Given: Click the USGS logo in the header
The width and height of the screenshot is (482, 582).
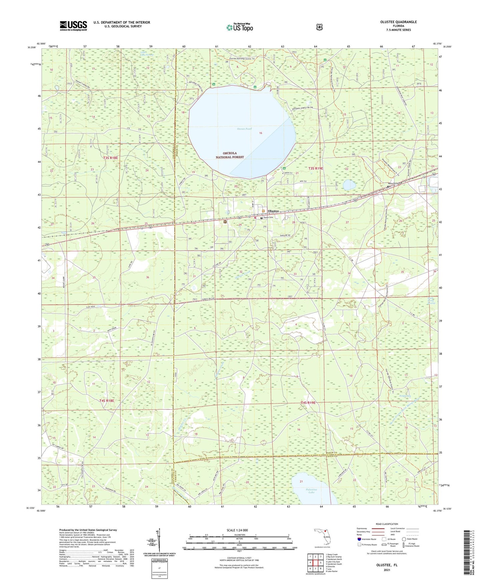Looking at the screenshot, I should [x=73, y=25].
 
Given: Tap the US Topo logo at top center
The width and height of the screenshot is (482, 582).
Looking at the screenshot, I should [x=239, y=27].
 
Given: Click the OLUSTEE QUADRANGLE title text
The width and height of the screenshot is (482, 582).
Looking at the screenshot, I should [x=398, y=22].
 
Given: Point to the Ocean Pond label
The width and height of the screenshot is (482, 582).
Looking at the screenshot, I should [x=244, y=129].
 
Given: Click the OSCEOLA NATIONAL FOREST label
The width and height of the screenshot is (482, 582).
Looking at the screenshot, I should [x=229, y=155].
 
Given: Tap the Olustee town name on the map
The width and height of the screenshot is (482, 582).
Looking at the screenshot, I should [x=273, y=211].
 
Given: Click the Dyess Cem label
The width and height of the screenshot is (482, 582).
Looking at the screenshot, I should [x=269, y=218].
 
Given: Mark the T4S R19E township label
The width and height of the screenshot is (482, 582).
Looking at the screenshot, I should [x=308, y=403].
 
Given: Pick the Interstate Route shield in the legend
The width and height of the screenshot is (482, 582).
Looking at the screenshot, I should [x=359, y=539].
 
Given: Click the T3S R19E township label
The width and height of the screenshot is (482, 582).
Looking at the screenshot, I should [x=315, y=169].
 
